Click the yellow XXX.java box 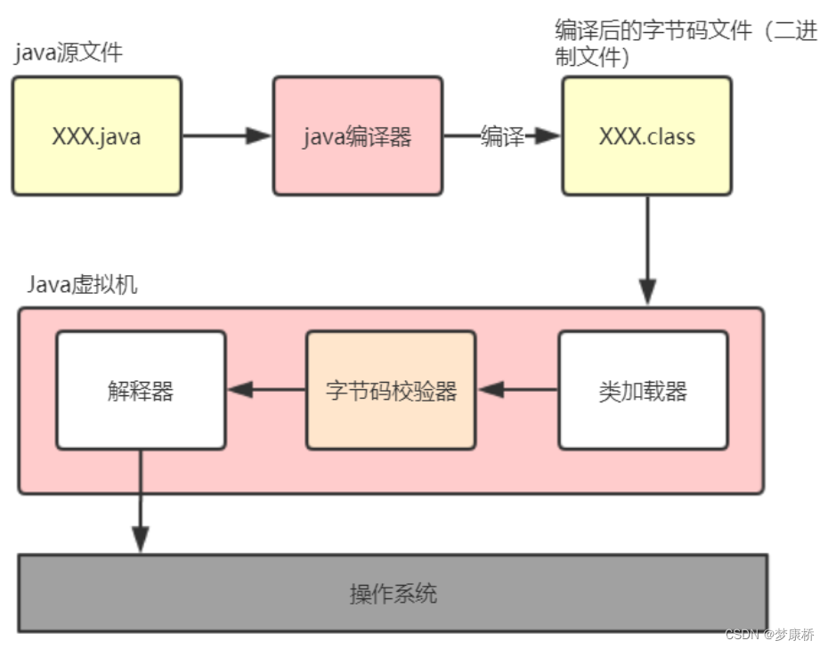point(96,135)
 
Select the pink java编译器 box point(357,135)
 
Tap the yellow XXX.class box point(646,135)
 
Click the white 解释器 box point(141,390)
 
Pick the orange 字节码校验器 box point(391,390)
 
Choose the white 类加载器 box point(643,390)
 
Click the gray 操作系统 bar point(393,593)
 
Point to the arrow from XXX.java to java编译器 point(226,136)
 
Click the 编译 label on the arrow point(502,136)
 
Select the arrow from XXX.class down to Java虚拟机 point(647,249)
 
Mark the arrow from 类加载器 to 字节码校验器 point(517,390)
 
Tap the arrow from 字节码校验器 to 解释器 point(265,390)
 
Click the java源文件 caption point(69,53)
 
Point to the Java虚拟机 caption point(81,285)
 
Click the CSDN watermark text point(769,634)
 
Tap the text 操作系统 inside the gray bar point(393,593)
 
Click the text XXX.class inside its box point(646,136)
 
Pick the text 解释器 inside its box point(141,391)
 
